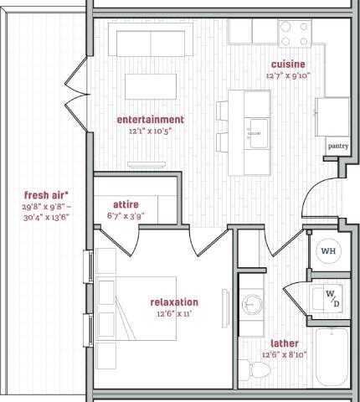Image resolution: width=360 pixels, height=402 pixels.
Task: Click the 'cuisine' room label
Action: coord(287,64)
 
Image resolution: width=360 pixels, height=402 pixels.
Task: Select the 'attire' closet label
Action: coord(125,204)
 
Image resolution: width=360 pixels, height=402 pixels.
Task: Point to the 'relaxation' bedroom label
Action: coord(174,302)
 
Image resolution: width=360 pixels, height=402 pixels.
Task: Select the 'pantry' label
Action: coord(337,146)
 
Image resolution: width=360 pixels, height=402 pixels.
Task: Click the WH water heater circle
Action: coord(328,250)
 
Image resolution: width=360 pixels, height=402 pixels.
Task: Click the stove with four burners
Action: coord(295,33)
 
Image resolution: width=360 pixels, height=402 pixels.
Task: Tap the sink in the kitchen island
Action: coord(257,129)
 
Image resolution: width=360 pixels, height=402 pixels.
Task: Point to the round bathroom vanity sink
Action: coord(253,302)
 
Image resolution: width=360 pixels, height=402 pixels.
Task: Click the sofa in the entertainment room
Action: coord(151,42)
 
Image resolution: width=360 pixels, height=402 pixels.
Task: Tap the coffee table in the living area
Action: coord(149,86)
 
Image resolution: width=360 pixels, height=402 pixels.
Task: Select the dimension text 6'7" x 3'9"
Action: coord(125,216)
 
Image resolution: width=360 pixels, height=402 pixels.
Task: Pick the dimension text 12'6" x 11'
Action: coord(174,314)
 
